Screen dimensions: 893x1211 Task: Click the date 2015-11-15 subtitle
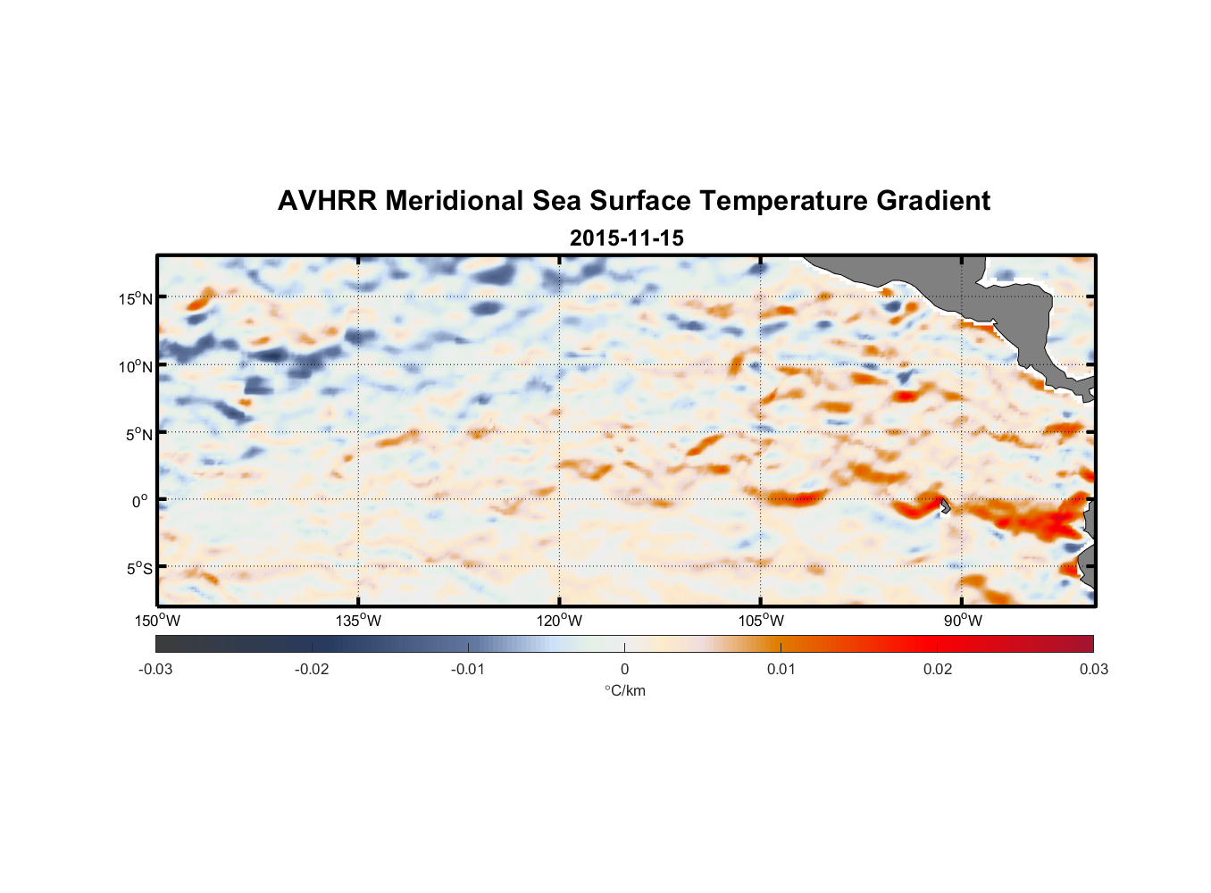[626, 238]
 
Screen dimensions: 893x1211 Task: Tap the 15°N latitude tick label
[136, 298]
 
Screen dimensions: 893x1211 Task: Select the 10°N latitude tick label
[136, 366]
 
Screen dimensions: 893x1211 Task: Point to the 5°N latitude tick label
[138, 434]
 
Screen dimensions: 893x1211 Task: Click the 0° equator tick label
[140, 501]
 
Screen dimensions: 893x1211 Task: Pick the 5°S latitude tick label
[138, 569]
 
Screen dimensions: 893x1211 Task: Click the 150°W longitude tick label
[158, 621]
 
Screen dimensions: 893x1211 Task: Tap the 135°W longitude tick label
[359, 621]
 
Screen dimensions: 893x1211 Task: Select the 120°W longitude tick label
[560, 621]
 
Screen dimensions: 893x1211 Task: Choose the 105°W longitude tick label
[761, 621]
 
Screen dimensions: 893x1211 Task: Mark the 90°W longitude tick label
[963, 621]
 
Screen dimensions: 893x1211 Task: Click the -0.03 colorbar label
[155, 669]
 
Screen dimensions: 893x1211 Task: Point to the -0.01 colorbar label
[468, 669]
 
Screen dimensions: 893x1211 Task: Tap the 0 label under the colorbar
[624, 669]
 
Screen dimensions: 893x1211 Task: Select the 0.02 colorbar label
[938, 669]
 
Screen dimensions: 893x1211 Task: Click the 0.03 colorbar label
[1093, 669]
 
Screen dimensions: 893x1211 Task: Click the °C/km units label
[625, 690]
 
